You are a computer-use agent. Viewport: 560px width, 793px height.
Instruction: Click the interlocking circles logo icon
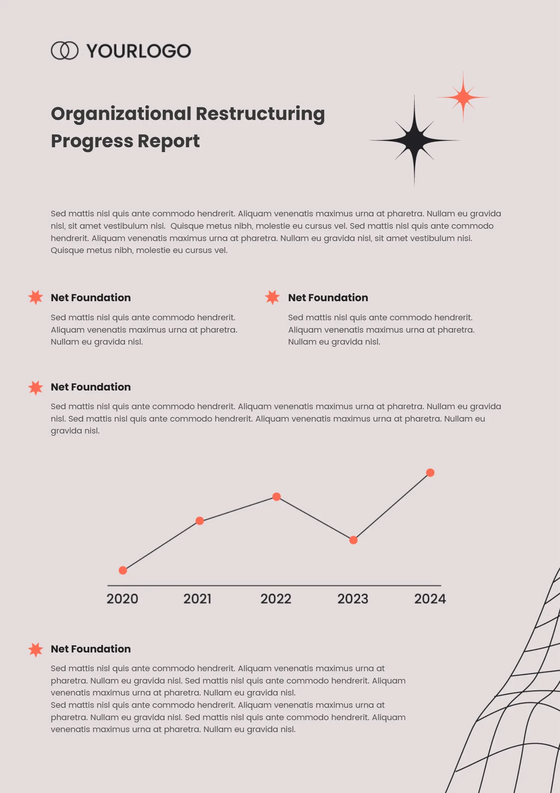pyautogui.click(x=65, y=50)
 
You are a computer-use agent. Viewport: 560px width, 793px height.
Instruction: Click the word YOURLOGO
pyautogui.click(x=139, y=51)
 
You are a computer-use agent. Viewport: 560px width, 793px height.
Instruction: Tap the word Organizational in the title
pyautogui.click(x=121, y=114)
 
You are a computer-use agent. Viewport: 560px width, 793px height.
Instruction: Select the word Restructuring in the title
pyautogui.click(x=260, y=114)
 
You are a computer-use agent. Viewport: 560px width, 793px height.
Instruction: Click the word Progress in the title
pyautogui.click(x=92, y=141)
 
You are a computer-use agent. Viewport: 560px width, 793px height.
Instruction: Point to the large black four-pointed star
pyautogui.click(x=414, y=141)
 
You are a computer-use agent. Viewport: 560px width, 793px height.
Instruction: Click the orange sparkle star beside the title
pyautogui.click(x=463, y=97)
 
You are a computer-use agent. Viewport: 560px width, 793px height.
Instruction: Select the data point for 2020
pyautogui.click(x=123, y=570)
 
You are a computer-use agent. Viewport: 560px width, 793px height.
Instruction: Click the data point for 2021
pyautogui.click(x=200, y=521)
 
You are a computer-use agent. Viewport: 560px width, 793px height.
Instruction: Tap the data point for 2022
pyautogui.click(x=277, y=497)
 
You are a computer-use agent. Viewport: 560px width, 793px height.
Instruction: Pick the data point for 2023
pyautogui.click(x=354, y=540)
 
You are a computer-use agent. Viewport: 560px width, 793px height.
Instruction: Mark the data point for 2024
pyautogui.click(x=430, y=473)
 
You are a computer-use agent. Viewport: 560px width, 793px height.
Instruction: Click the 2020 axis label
pyautogui.click(x=122, y=599)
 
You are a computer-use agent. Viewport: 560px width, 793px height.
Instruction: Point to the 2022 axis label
pyautogui.click(x=276, y=599)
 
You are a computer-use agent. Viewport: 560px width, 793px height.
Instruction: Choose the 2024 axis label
pyautogui.click(x=430, y=599)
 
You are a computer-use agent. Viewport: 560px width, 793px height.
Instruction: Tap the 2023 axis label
pyautogui.click(x=353, y=599)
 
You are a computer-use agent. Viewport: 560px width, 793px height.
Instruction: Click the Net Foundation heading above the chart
pyautogui.click(x=91, y=387)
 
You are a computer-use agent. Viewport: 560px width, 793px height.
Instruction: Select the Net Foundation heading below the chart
pyautogui.click(x=91, y=649)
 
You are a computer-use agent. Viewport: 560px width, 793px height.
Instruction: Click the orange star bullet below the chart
pyautogui.click(x=36, y=649)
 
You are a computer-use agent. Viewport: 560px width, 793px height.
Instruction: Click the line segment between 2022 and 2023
pyautogui.click(x=315, y=518)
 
